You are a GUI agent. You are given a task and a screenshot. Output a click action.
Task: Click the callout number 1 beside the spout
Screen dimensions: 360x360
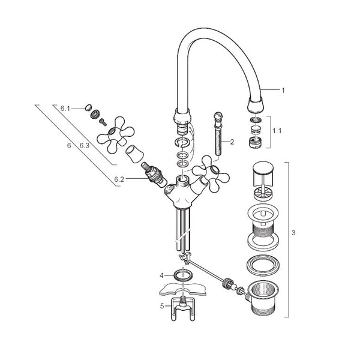click(283, 90)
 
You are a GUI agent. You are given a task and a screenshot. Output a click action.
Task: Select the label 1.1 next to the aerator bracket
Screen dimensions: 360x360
click(277, 131)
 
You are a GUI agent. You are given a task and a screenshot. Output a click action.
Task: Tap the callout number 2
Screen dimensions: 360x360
click(232, 142)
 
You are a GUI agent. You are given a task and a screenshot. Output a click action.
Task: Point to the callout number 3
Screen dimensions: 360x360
click(293, 233)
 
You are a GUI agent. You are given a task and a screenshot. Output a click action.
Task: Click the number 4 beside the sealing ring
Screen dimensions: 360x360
click(161, 275)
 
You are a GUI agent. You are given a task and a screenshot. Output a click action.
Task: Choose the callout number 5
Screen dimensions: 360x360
click(162, 306)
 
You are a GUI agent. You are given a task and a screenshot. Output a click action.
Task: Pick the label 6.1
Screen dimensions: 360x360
click(65, 109)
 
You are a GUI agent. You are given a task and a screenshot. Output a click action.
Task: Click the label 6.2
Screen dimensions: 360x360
click(119, 179)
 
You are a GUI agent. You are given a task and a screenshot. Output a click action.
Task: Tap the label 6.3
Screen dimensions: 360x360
click(84, 146)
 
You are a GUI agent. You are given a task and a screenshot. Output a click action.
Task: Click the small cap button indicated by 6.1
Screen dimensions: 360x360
click(88, 107)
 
